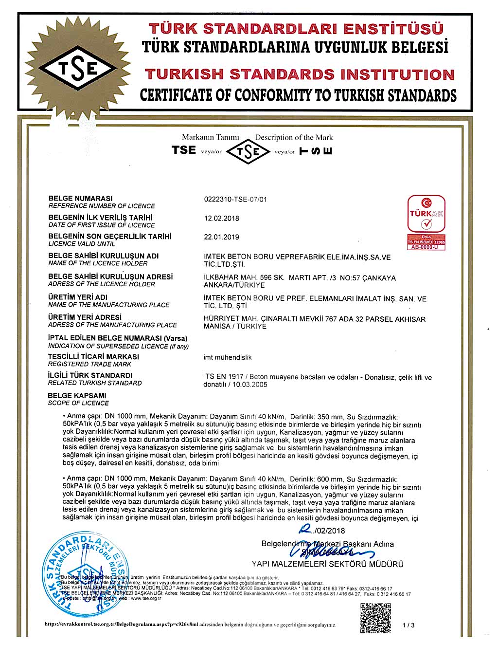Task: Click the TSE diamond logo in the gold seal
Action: tap(78, 70)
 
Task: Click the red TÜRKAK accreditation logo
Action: tap(426, 215)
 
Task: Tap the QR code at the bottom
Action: tap(375, 618)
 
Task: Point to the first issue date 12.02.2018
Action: tap(221, 218)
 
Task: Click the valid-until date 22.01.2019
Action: tap(221, 237)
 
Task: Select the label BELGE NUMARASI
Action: tap(80, 198)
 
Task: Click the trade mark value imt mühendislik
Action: tap(227, 357)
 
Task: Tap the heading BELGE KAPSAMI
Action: tap(77, 395)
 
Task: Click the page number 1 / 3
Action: tap(409, 625)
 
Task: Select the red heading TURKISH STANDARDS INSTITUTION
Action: tap(299, 74)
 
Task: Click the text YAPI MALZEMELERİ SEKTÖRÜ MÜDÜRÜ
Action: tap(327, 564)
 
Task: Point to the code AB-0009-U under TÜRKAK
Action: tap(426, 247)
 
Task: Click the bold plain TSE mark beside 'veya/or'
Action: tap(184, 150)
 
